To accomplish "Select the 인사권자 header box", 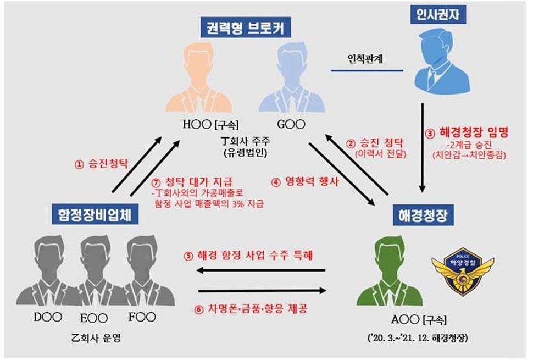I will (437, 14).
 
